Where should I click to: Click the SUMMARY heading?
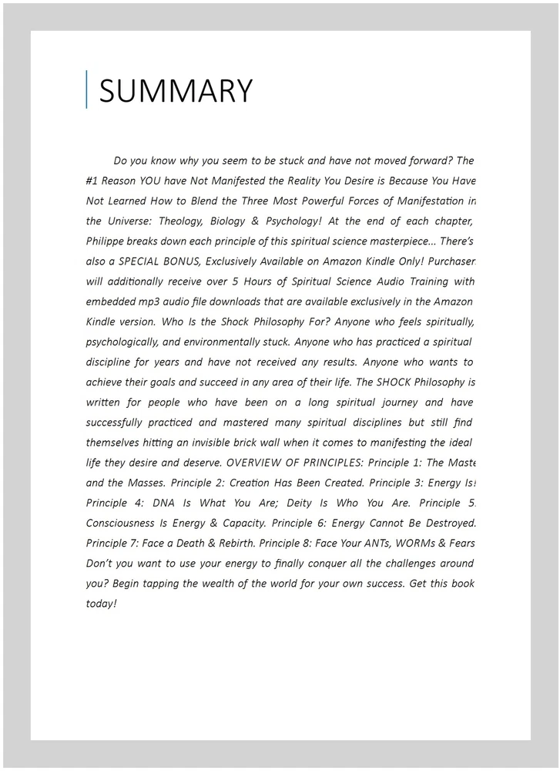(176, 91)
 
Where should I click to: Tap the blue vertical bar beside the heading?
(87, 89)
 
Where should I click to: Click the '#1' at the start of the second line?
(93, 181)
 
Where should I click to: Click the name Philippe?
(107, 241)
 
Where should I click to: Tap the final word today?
(101, 603)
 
